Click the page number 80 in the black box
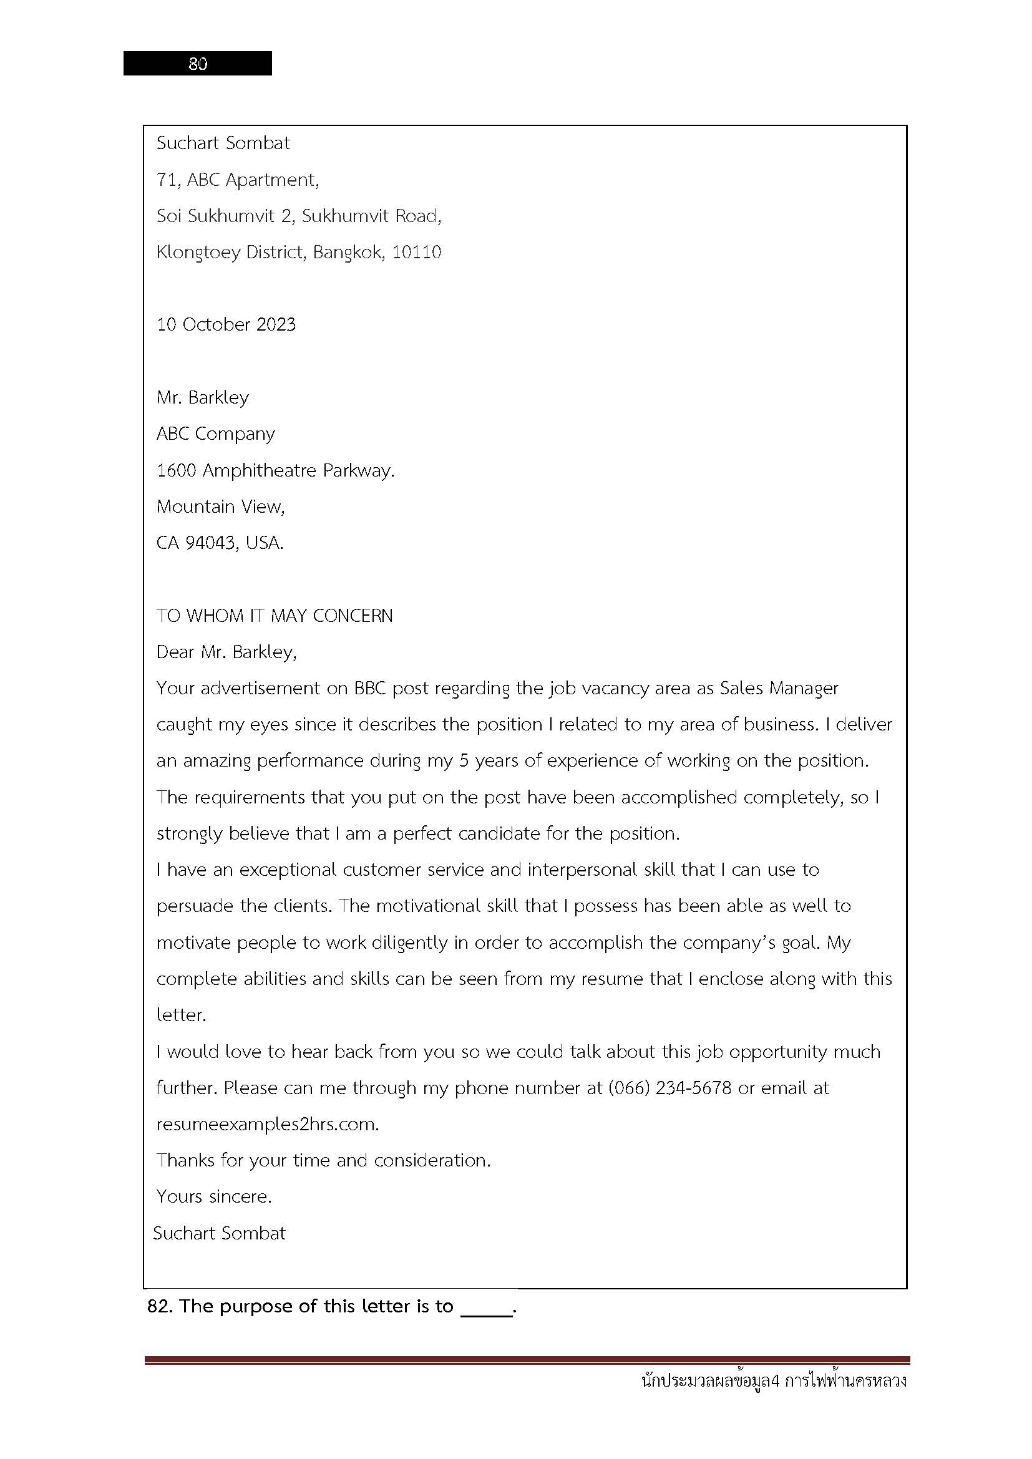tap(198, 64)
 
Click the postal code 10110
tap(416, 252)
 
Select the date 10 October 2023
tap(226, 325)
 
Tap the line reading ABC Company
tap(215, 434)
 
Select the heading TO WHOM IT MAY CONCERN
tap(275, 615)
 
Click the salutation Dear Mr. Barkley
tap(226, 652)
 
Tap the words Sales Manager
tap(779, 688)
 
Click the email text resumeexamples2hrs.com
tap(267, 1124)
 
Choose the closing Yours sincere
tap(214, 1196)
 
